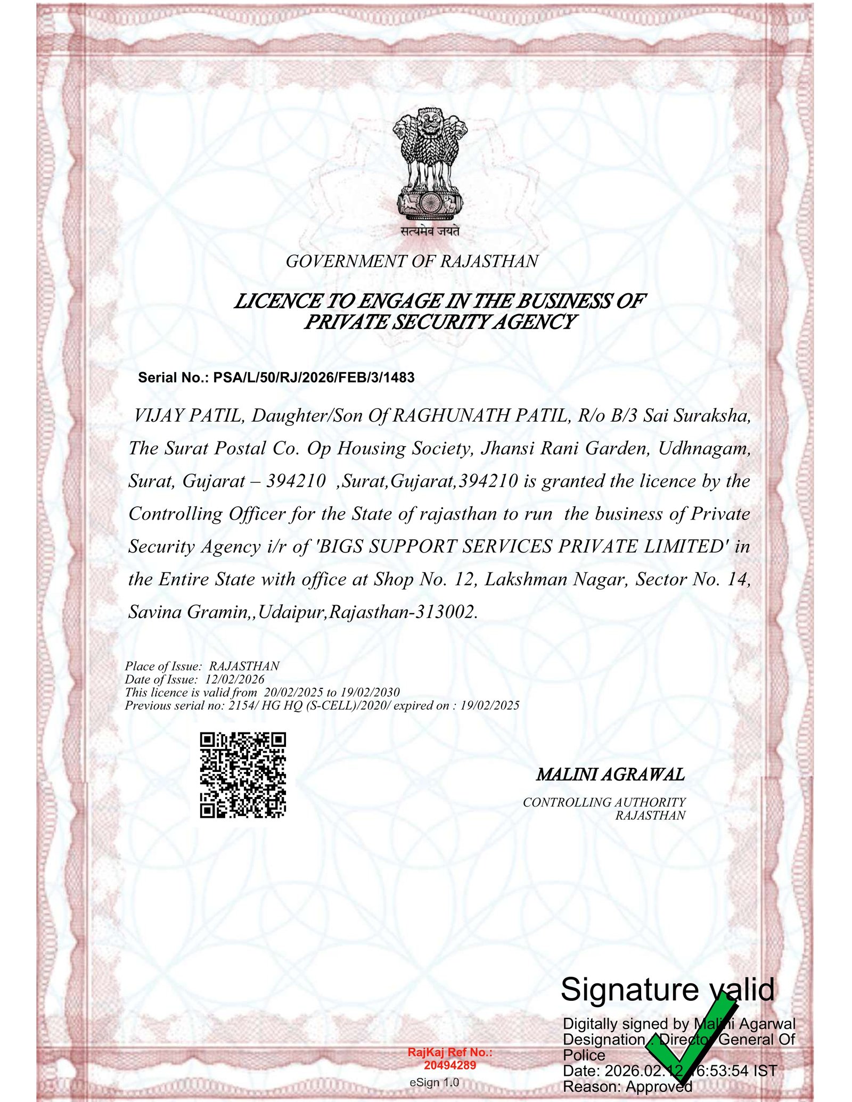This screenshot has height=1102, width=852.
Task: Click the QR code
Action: click(x=243, y=775)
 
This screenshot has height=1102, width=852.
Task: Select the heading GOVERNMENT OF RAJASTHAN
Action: click(x=412, y=261)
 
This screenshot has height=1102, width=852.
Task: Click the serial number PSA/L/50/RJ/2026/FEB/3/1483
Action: click(x=314, y=378)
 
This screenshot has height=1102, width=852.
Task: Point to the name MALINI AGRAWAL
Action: click(x=610, y=775)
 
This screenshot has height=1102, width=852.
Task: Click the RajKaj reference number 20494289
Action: click(x=450, y=1065)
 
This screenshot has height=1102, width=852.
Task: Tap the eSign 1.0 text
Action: click(x=434, y=1082)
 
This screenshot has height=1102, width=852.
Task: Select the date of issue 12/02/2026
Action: click(x=235, y=679)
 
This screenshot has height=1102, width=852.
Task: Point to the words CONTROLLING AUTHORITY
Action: click(x=604, y=802)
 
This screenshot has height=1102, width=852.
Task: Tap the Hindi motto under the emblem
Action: click(x=430, y=231)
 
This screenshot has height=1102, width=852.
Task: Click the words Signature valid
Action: click(x=668, y=990)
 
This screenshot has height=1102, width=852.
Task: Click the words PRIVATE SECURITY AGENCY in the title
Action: click(x=440, y=322)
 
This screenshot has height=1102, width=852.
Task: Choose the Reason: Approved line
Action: click(x=627, y=1086)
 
